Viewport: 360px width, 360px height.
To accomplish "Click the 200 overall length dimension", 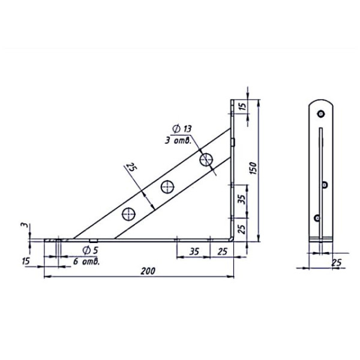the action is [148, 271].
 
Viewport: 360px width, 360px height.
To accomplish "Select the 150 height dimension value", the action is [254, 168].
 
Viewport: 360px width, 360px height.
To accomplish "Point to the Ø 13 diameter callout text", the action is [182, 129].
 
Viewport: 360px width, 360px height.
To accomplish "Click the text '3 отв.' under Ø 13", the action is [178, 140].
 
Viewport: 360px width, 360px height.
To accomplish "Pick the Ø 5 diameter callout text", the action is [91, 250].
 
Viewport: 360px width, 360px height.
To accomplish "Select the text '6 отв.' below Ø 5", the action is [86, 261].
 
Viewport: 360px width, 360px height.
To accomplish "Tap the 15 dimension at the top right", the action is [242, 106].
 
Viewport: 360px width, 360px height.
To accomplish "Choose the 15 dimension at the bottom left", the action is [26, 261].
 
